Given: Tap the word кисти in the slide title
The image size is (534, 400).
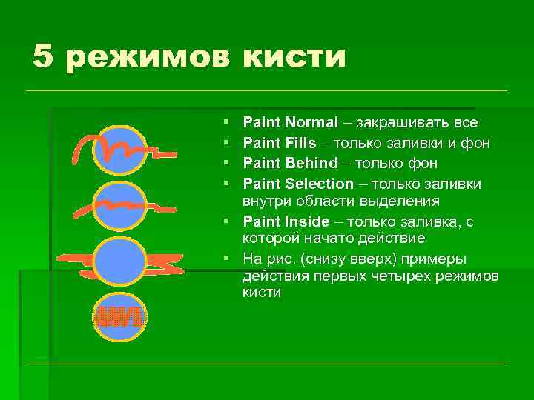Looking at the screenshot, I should point(294,56).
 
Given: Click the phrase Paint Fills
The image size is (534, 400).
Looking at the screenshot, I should point(279,143).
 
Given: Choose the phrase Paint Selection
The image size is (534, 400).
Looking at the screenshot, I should point(298,184).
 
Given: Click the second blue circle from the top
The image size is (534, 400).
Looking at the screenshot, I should point(119,205).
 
